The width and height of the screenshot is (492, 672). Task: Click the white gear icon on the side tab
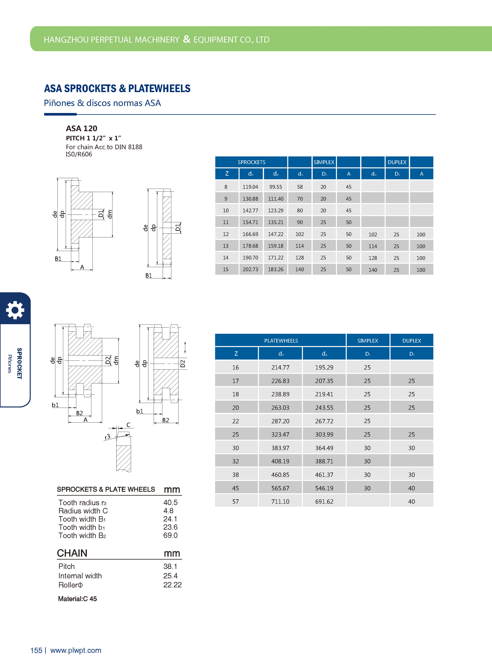(15, 310)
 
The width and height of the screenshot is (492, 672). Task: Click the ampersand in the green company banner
(186, 39)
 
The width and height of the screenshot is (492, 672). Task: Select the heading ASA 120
(82, 128)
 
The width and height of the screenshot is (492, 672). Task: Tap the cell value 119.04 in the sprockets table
(250, 187)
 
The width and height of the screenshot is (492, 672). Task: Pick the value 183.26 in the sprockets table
(276, 269)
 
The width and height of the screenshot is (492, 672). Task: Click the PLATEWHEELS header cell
(281, 341)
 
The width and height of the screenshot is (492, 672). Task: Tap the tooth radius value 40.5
(170, 503)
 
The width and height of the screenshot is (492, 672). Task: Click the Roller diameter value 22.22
(172, 585)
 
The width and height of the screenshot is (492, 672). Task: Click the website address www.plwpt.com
(76, 650)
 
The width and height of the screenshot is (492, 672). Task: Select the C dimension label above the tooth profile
(128, 425)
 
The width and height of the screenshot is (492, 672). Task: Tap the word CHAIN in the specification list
(72, 553)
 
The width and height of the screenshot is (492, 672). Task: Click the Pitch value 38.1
(170, 566)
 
